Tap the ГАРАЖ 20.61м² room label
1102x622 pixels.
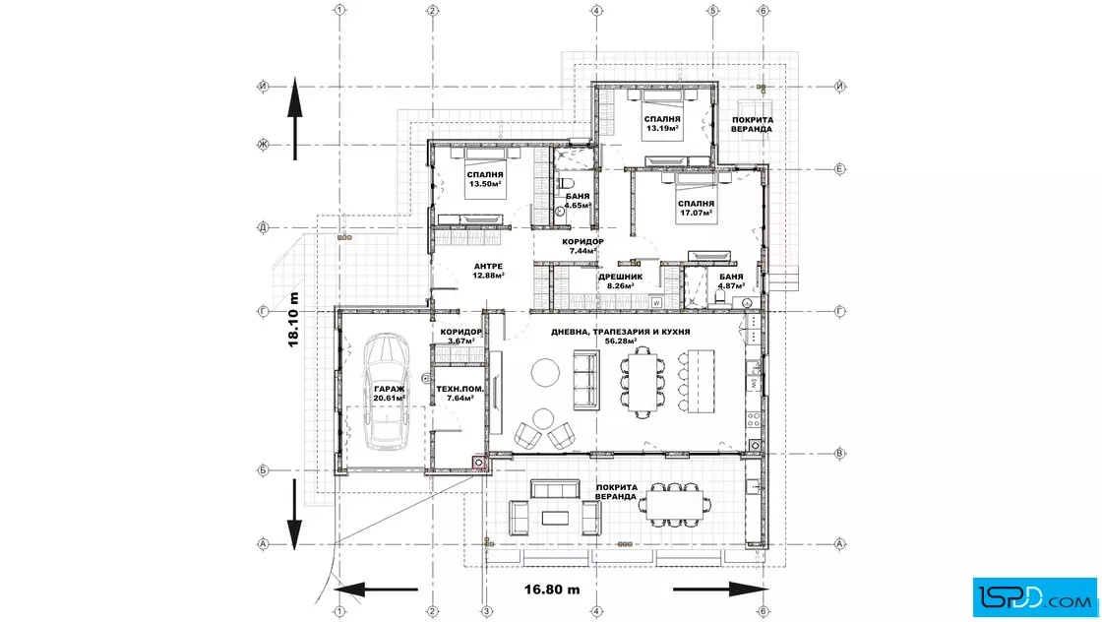coord(390,394)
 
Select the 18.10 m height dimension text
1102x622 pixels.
coord(294,320)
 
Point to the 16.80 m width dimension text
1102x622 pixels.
coord(552,589)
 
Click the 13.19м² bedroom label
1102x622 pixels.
coord(662,124)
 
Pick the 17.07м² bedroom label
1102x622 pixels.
coord(696,208)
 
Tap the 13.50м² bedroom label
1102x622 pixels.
coord(485,179)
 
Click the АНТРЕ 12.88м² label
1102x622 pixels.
coord(488,271)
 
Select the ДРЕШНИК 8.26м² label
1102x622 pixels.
coord(620,281)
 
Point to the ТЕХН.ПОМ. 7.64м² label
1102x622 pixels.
coord(459,394)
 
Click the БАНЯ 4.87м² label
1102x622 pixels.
coord(731,281)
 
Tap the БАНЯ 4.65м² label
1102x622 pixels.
coord(578,201)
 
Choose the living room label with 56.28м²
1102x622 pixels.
coord(621,336)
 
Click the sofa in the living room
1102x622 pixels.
coord(586,380)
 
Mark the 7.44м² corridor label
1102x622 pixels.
coord(582,246)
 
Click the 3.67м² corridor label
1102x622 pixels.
coord(461,336)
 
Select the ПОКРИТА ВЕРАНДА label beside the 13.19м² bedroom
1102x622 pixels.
coord(752,124)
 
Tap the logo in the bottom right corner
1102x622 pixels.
coord(1034,597)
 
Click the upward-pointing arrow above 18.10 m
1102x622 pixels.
coord(294,119)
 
